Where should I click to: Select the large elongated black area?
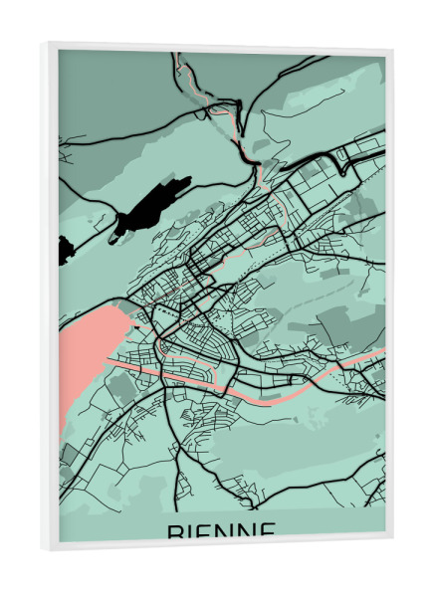149,204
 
